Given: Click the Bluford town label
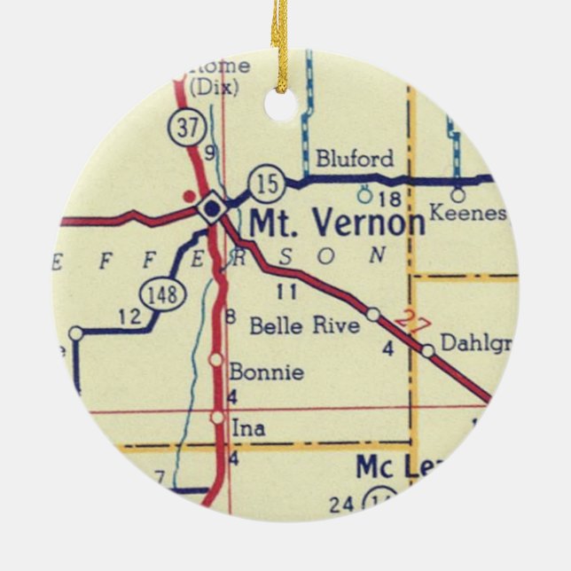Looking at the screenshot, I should tap(354, 160).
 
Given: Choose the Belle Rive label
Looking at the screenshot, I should tap(304, 325).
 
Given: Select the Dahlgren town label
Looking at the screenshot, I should tap(475, 344).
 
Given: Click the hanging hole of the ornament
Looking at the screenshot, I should tap(281, 105).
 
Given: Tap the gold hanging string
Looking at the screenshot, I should tap(281, 40).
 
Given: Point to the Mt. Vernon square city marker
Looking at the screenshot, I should tap(211, 209).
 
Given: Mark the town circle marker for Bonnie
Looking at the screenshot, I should tap(215, 359).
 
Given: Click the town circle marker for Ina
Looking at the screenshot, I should tap(217, 417).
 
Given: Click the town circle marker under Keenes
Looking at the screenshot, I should tap(458, 195).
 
